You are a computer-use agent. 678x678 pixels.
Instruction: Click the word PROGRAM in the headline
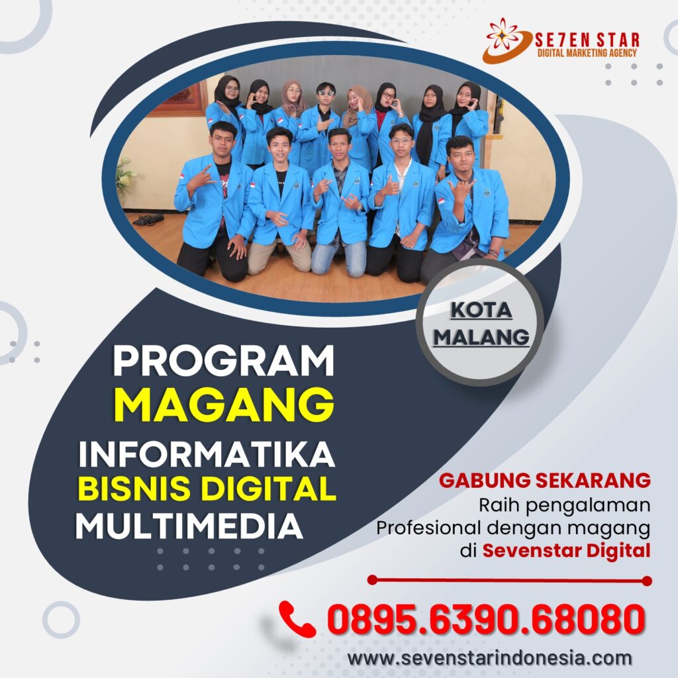click(x=224, y=361)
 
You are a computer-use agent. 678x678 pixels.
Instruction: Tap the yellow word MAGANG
click(x=224, y=405)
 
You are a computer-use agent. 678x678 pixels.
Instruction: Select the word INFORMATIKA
click(x=207, y=454)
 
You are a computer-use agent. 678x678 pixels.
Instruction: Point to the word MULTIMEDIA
click(x=189, y=526)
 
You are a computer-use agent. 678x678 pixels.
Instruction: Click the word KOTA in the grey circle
click(x=481, y=310)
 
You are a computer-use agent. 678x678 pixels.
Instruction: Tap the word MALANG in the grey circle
click(x=481, y=337)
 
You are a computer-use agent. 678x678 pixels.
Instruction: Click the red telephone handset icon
click(x=297, y=619)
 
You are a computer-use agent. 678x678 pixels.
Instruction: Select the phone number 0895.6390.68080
click(x=486, y=619)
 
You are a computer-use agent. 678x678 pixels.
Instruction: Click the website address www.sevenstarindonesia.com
click(x=489, y=658)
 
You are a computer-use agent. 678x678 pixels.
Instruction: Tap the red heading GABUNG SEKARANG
click(x=545, y=481)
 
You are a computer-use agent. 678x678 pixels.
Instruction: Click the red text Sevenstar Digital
click(x=567, y=550)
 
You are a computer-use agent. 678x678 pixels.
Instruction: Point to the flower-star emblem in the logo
click(x=503, y=34)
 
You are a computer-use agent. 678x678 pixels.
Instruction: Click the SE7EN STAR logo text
click(x=587, y=40)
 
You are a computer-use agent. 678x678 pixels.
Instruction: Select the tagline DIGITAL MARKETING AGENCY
click(x=587, y=53)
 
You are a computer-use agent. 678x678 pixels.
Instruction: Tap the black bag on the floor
click(x=148, y=220)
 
